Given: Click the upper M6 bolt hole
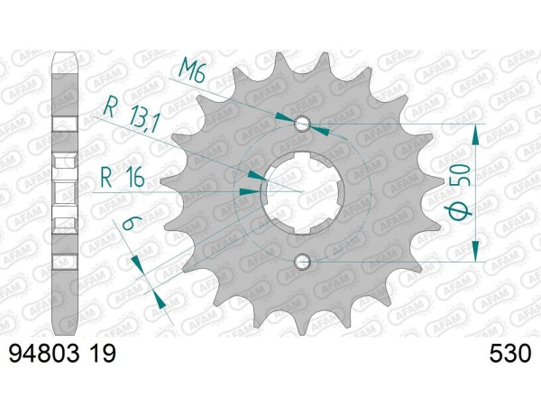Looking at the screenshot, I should [x=303, y=124].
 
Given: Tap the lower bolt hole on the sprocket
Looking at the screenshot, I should [x=303, y=263].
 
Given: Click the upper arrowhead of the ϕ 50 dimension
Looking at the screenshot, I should [x=475, y=131].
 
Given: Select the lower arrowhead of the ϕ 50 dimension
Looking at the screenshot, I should [x=475, y=255].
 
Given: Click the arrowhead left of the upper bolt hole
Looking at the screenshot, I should [x=286, y=119].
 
